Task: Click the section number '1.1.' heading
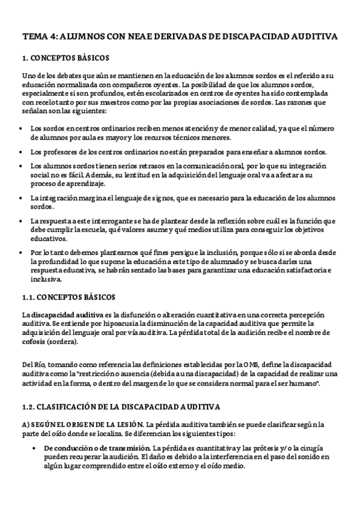(29, 298)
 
